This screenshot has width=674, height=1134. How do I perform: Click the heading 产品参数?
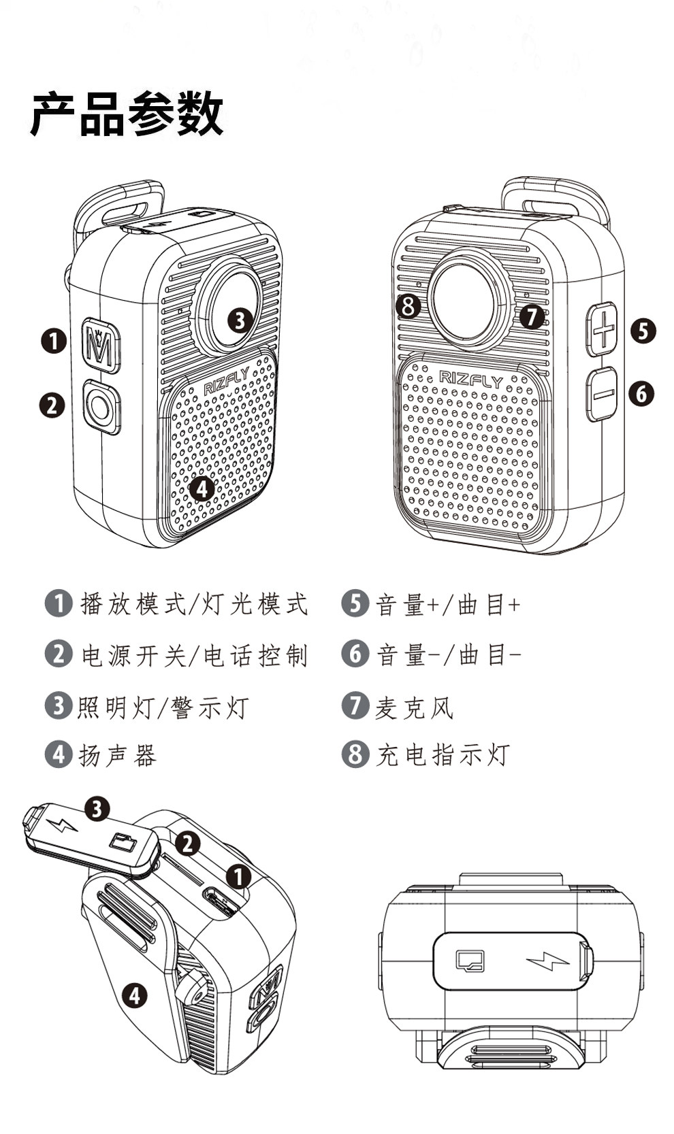(127, 114)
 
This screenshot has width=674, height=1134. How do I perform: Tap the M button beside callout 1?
(101, 345)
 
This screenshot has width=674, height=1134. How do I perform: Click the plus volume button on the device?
(603, 329)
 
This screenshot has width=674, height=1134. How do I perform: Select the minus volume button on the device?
(602, 394)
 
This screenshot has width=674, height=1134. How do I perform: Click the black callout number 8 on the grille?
(408, 305)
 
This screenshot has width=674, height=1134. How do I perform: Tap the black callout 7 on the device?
(531, 316)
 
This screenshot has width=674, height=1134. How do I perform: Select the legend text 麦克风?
(414, 707)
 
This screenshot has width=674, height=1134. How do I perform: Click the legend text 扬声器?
(118, 754)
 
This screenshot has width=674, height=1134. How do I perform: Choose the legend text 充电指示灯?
(443, 754)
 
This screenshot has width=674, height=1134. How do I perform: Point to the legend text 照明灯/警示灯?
(163, 707)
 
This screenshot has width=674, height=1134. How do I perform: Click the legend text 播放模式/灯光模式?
(194, 603)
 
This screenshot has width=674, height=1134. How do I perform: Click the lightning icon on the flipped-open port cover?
(63, 825)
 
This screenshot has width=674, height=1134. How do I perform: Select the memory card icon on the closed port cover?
(470, 961)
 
